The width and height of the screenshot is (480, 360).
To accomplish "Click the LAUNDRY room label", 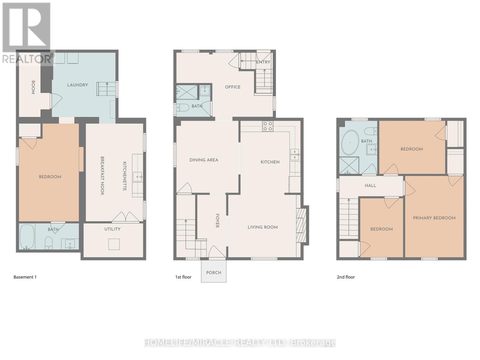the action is pos(77,85).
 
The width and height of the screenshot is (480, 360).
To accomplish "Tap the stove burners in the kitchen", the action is pos(268,126).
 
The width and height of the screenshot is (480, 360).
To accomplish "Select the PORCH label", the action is pos(214,273).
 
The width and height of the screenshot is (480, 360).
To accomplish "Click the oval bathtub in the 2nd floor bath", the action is pos(350,142).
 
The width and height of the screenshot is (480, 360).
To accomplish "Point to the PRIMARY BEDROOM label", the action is pos(434,218).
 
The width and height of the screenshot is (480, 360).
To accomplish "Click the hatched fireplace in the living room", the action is pos(301,225).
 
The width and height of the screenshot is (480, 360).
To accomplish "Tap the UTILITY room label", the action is pos(112,229).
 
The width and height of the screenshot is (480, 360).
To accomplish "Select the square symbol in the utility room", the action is pos(114,244).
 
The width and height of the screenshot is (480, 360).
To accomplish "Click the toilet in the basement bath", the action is pos(49,243).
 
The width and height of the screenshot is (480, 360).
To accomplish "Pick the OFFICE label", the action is pos(233,87).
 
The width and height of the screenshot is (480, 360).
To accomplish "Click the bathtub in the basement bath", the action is pos(27,236).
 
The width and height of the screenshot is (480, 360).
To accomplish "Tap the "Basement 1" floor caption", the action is pos(25,277).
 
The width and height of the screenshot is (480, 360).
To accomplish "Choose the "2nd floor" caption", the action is pos(346,277).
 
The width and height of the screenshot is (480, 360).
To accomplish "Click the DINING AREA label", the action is pos(204,160).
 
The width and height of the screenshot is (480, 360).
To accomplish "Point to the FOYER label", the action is pos(217,221).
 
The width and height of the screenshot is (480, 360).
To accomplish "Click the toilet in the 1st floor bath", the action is pos(183,107).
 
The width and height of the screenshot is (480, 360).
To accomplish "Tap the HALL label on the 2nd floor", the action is pos(370,186).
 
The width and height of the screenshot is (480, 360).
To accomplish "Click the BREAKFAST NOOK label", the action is pos(102,176).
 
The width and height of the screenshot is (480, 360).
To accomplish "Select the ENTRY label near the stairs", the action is pos(263,62).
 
